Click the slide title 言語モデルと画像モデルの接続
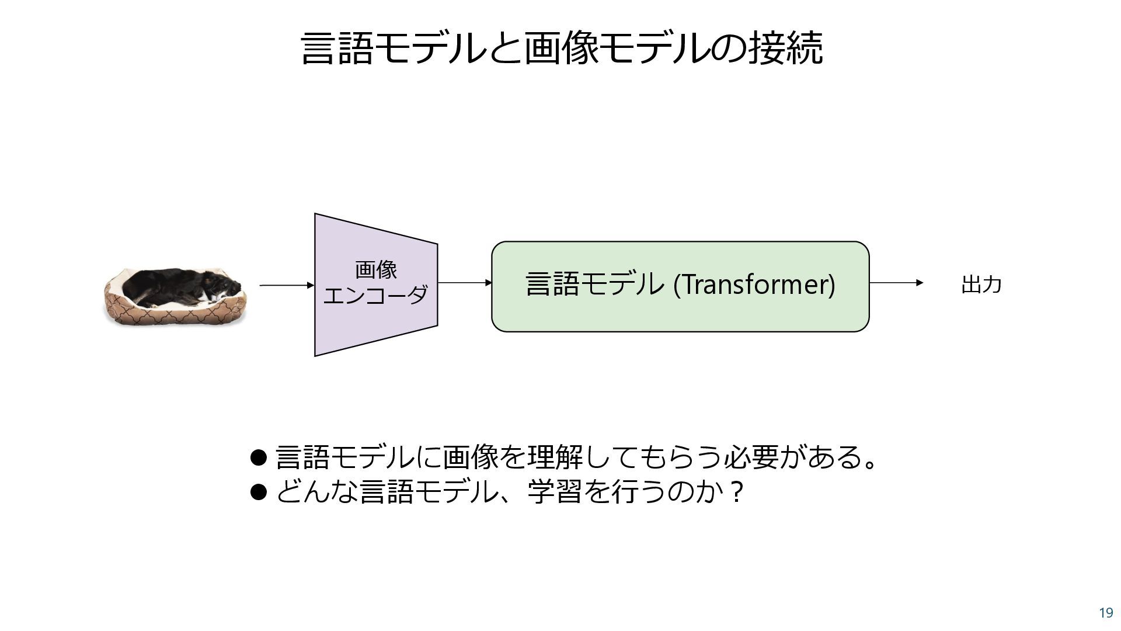pyautogui.click(x=562, y=48)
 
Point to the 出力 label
pyautogui.click(x=981, y=285)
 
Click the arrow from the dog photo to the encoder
pyautogui.click(x=286, y=285)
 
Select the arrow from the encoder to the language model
pyautogui.click(x=464, y=283)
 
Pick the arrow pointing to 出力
pyautogui.click(x=896, y=283)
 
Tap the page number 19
pyautogui.click(x=1106, y=613)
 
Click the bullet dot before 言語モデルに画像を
pyautogui.click(x=258, y=457)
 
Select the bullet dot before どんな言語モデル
pyautogui.click(x=258, y=492)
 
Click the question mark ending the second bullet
pyautogui.click(x=737, y=493)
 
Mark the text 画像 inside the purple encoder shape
pyautogui.click(x=376, y=270)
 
